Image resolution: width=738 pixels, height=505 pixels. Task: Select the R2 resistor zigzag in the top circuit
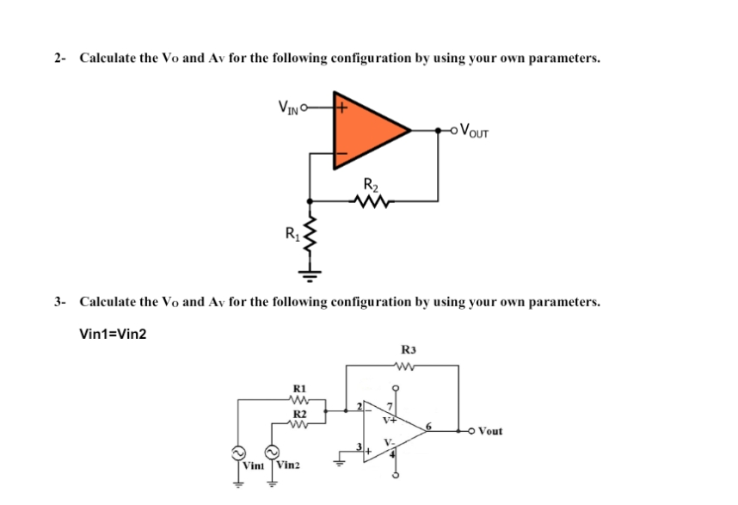371,202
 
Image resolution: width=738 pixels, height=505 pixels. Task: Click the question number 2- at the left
59,59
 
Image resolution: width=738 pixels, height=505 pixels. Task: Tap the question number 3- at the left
59,302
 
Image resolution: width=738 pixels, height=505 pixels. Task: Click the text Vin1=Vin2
113,334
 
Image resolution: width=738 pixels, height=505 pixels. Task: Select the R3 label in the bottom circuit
408,350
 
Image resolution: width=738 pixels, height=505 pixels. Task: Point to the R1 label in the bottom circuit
300,388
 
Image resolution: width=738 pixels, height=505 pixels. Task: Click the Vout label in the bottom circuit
491,430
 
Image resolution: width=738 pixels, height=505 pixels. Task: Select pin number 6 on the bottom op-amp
432,424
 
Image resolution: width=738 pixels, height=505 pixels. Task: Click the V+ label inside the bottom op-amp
390,421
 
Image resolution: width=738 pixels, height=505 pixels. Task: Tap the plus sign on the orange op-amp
341,109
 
